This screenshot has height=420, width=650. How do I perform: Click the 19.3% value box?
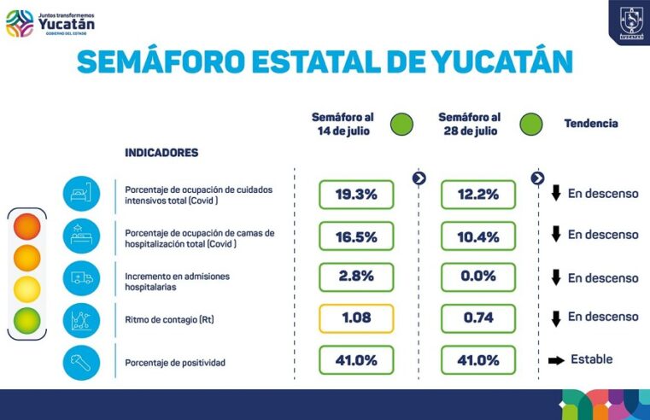356,195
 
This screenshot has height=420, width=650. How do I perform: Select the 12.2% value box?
478,195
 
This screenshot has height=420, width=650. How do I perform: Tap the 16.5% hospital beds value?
356,236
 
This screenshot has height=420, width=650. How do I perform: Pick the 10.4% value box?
478,236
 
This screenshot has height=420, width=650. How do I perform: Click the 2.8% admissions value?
356,277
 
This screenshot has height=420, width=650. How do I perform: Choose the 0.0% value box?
478,277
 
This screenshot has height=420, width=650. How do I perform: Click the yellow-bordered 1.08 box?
356,318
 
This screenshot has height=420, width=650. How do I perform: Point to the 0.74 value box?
478,318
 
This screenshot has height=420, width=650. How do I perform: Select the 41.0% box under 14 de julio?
356,360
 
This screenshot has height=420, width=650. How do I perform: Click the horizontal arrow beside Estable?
556,360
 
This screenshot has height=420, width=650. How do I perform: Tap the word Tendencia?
590,124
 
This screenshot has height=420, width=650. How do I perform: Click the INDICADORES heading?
161,153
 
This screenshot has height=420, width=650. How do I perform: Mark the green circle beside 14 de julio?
401,125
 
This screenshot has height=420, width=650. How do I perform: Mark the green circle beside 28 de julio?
529,125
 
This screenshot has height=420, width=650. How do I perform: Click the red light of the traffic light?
26,226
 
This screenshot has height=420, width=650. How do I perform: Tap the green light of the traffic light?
26,319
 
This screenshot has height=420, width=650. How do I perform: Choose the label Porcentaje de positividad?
175,363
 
